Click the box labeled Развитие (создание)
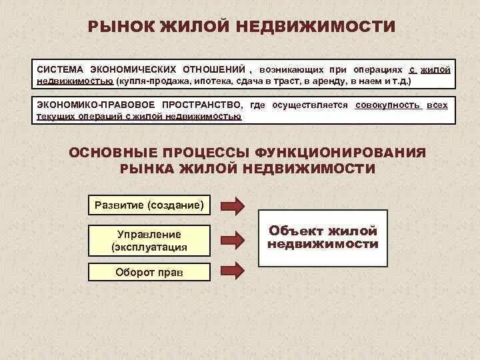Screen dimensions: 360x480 [x=149, y=205]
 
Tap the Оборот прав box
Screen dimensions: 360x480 [x=149, y=272]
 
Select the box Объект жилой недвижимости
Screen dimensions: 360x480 [x=323, y=237]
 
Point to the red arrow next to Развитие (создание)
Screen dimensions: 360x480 [x=233, y=205]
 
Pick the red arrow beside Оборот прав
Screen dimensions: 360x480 [x=233, y=271]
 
